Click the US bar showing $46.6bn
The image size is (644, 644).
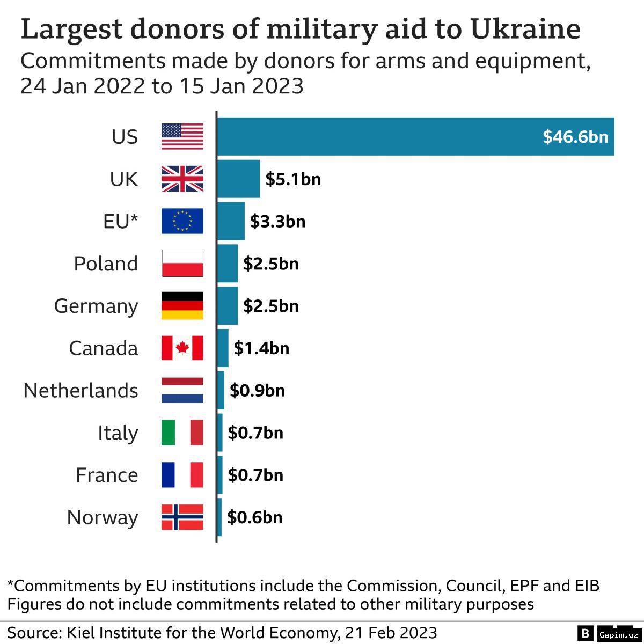415,136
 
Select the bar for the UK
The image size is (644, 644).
239,179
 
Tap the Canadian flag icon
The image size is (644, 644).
182,348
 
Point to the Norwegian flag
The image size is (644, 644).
182,517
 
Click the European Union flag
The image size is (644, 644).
182,221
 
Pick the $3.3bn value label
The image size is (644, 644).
277,221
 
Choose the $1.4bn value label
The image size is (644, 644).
261,348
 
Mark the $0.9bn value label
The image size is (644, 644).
257,390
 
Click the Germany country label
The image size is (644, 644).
96,306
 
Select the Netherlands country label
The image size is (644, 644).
81,390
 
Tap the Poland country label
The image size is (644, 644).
106,264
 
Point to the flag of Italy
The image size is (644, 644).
182,433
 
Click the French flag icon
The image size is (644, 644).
182,475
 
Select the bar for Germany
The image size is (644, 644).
228,306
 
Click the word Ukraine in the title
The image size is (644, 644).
525,29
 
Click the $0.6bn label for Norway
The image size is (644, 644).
254,517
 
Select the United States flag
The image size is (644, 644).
182,136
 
